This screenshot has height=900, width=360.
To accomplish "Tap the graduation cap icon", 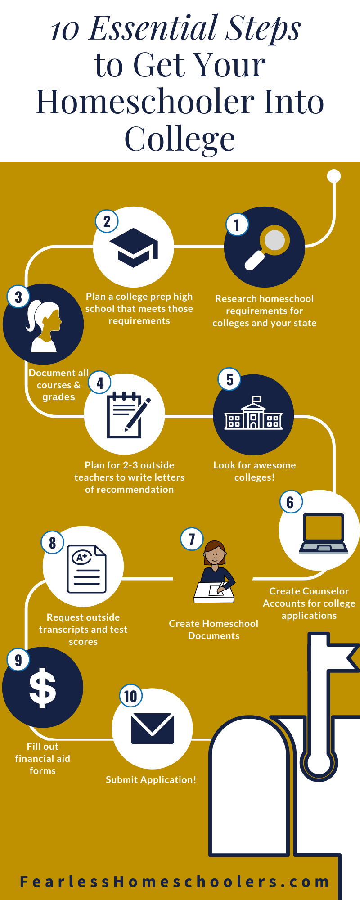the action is coord(134,247).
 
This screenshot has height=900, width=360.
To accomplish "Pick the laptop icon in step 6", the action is coord(324,534).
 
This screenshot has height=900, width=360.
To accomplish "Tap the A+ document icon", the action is coord(86,569).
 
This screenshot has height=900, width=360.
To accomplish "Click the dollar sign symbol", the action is coord(43,688).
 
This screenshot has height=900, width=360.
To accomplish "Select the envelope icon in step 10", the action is coord(153,728).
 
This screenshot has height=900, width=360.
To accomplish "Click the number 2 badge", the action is coord(107,221).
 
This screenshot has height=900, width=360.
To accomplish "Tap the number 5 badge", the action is coord(229,379).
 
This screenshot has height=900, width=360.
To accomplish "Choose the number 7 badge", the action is coord(192,539).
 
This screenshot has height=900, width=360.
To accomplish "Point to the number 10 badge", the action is coord(130,696).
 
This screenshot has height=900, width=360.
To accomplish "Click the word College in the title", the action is coord(180,139).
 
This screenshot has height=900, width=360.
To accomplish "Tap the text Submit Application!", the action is coord(151,780).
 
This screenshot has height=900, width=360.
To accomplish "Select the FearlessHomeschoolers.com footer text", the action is coord(175,882).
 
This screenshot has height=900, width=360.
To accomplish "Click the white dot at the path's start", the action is coord(334,176).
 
